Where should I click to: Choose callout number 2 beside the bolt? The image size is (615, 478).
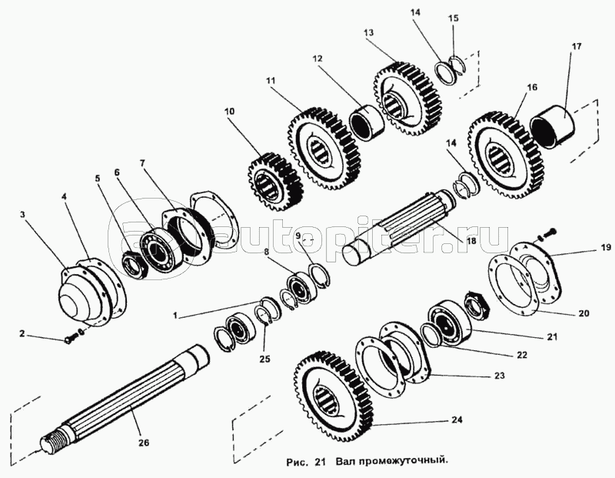[x=22, y=333]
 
